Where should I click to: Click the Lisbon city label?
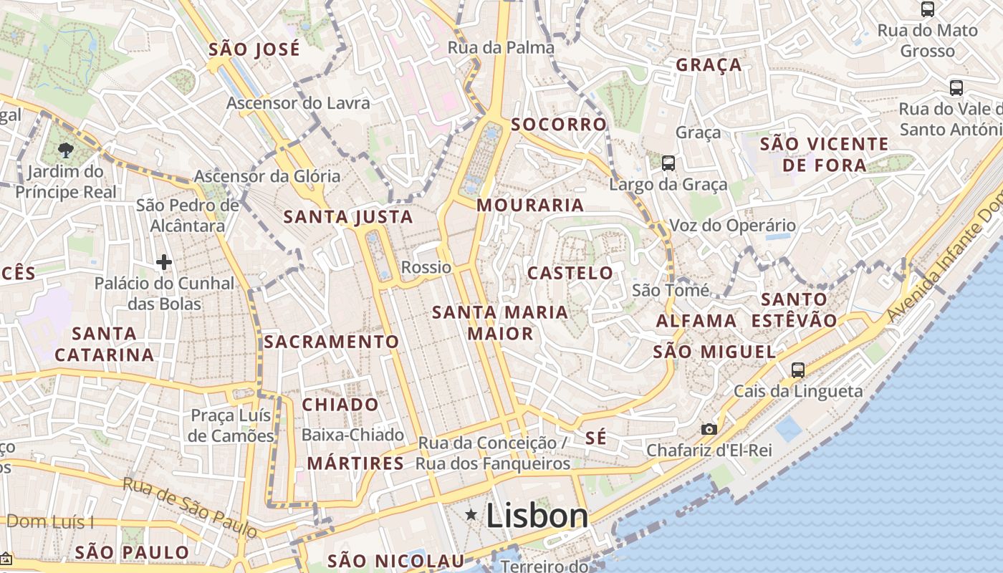tap(537, 516)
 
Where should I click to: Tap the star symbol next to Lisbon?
tap(471, 514)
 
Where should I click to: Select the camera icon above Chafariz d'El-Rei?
tap(709, 429)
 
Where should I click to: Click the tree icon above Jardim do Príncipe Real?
tap(66, 150)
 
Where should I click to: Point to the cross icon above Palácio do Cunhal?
tap(164, 262)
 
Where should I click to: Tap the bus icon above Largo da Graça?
tap(668, 163)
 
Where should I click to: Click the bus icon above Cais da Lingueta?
tap(797, 370)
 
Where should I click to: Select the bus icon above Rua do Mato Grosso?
tap(928, 9)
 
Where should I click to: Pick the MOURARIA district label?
tap(530, 206)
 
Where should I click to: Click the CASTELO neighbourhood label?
tap(570, 273)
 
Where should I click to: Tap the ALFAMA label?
tap(696, 320)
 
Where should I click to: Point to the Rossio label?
tap(426, 267)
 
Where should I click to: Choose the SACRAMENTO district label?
tap(331, 342)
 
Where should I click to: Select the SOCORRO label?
tap(559, 125)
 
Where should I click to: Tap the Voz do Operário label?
tap(732, 226)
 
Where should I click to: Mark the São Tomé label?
tap(671, 290)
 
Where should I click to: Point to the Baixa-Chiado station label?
tap(352, 435)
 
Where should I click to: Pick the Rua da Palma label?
tap(501, 48)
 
